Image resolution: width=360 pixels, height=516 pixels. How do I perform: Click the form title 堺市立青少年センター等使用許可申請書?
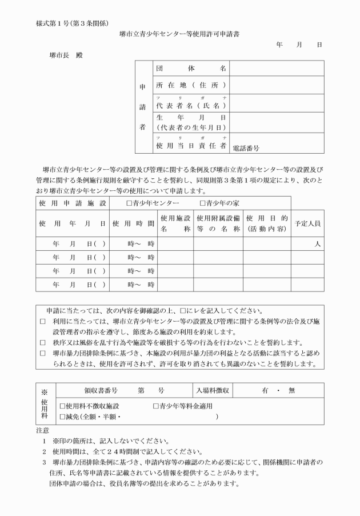[x=179, y=34]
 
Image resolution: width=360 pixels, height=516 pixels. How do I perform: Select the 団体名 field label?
[x=191, y=69]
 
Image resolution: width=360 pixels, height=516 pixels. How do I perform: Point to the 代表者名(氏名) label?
[x=191, y=106]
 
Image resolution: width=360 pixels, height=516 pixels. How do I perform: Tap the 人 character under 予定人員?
[x=316, y=243]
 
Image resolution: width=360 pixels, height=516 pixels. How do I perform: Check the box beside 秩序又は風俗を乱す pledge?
[x=43, y=342]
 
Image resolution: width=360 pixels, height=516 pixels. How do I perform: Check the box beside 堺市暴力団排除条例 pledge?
[x=43, y=353]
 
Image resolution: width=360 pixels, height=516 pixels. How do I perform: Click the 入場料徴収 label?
[x=212, y=390]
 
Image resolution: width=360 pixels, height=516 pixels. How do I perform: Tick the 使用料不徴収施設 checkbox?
[x=63, y=406]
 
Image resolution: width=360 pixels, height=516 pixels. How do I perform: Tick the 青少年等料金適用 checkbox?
[x=156, y=406]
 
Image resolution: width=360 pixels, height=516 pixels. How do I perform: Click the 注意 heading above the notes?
[x=42, y=429]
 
